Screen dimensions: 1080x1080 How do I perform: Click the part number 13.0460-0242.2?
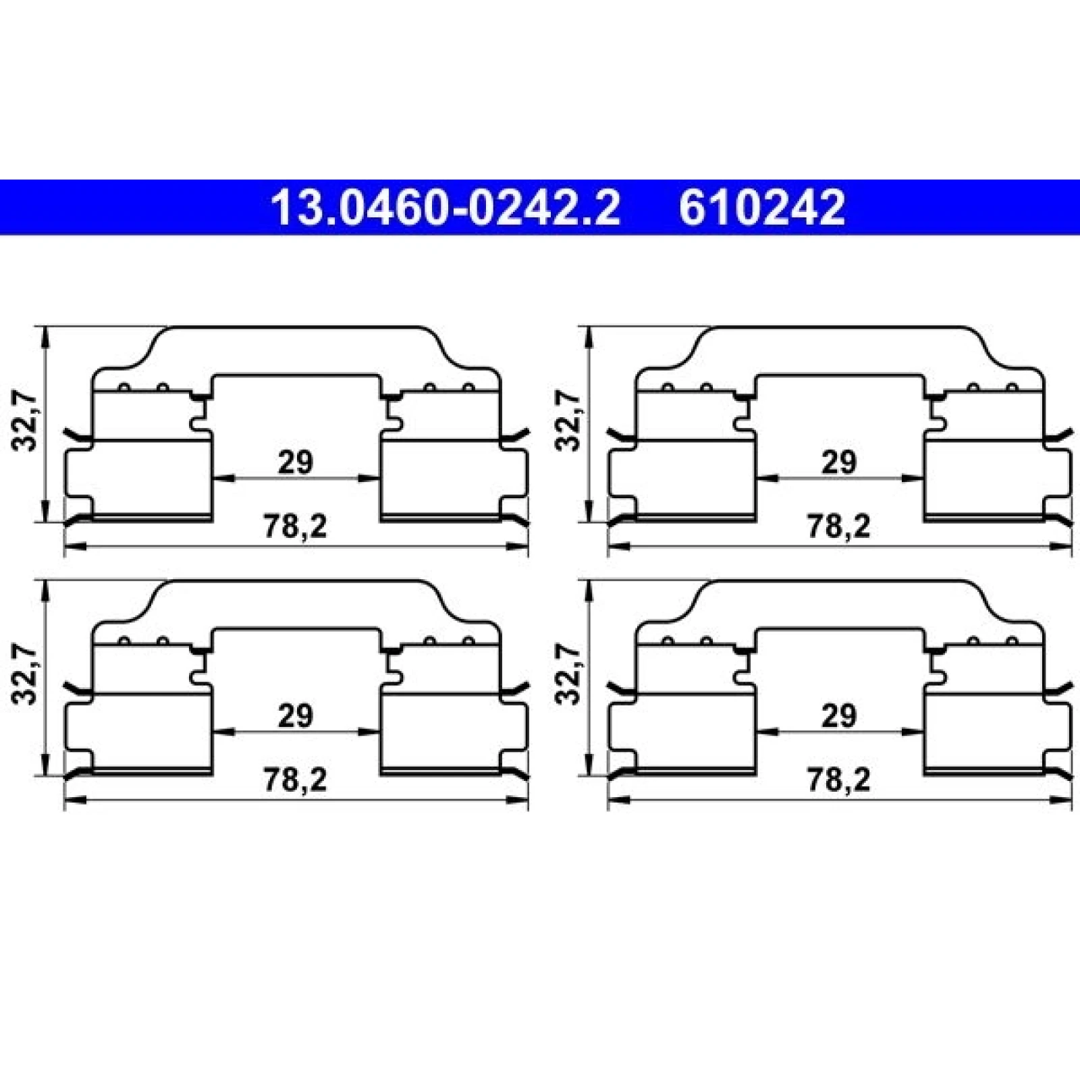(445, 207)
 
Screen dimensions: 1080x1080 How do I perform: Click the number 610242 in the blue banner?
(761, 207)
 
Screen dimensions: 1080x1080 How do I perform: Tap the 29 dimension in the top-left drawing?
(296, 462)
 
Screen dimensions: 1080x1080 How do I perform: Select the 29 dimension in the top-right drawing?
(839, 462)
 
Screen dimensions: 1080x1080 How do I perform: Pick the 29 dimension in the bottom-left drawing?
(296, 715)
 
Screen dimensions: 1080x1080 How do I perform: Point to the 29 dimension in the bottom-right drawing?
(839, 715)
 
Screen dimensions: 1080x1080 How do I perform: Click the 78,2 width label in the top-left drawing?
(295, 526)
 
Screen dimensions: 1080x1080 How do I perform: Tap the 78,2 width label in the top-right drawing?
(839, 526)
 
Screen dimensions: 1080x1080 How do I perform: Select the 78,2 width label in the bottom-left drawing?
(295, 780)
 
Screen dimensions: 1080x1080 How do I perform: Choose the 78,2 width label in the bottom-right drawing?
(839, 780)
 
